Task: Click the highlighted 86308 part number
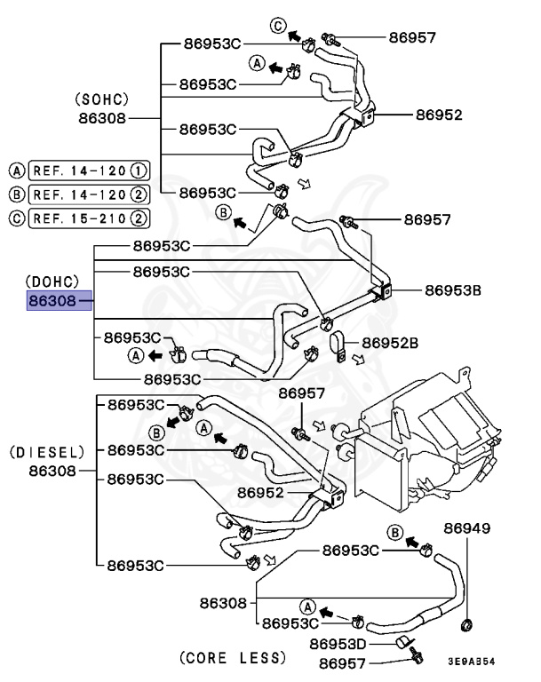pos(51,300)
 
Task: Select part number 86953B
pos(452,289)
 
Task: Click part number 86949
pos(466,529)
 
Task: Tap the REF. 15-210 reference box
pos(88,217)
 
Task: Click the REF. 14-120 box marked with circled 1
pos(88,170)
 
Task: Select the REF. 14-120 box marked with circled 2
pos(88,194)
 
